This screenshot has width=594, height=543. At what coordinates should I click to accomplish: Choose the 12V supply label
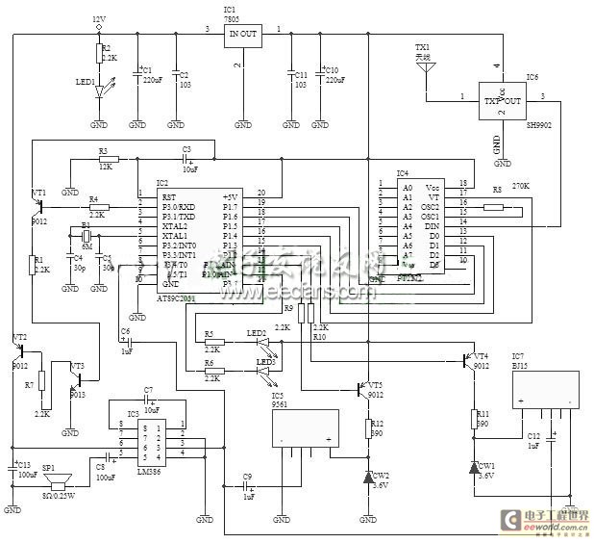[x=99, y=18]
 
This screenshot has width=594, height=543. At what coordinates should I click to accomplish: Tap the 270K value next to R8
[x=520, y=186]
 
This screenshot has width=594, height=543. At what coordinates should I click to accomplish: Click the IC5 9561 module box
[x=305, y=426]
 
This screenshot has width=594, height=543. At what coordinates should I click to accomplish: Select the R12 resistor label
[x=378, y=422]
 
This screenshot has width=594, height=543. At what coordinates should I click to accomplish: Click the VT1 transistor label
[x=38, y=193]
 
